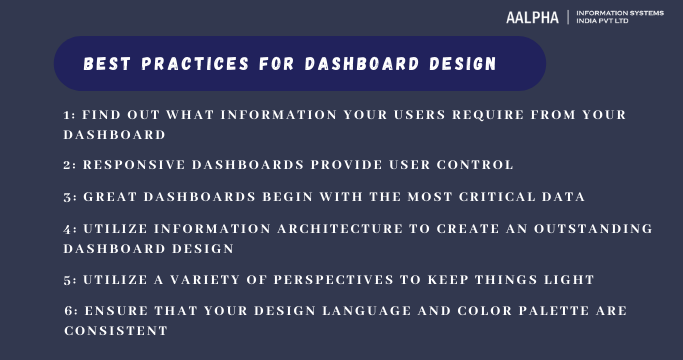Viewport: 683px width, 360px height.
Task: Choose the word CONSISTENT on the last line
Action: click(x=115, y=329)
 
